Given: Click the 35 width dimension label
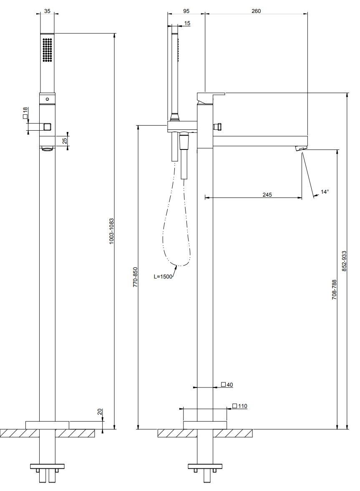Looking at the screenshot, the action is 47,11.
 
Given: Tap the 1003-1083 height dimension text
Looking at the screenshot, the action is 112,231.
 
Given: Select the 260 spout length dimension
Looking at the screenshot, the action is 256,11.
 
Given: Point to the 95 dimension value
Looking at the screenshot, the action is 186,11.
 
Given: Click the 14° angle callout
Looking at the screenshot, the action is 325,191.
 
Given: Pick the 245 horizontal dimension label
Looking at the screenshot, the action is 267,195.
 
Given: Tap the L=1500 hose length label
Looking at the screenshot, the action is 163,276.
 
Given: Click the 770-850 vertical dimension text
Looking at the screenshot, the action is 136,277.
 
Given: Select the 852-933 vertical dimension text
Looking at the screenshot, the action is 345,261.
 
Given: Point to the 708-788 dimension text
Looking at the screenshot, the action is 335,290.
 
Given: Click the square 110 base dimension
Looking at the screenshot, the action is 240,406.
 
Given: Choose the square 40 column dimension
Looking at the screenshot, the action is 227,385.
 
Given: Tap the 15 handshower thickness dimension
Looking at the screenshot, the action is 187,23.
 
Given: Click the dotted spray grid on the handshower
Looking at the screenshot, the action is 47,50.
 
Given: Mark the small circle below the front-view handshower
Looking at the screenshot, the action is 47,99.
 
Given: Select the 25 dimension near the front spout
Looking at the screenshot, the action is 65,141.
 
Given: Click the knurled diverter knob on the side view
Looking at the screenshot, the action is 217,126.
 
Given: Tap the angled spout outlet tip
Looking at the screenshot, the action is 301,148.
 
